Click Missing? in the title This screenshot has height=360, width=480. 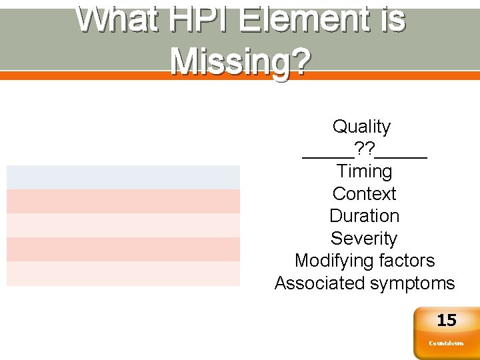pos(240,61)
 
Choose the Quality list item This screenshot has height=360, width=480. pos(361,126)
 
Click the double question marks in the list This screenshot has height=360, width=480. pos(364,149)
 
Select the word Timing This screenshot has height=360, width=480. pos(364,171)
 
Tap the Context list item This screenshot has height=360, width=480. pos(364,194)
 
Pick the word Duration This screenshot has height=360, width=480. pos(364,216)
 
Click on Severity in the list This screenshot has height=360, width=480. pos(364,239)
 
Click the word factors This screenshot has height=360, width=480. pos(408,261)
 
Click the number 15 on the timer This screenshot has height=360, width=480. pos(446,321)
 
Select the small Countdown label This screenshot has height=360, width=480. pos(446,343)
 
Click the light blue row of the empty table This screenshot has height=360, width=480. pos(123,177)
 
